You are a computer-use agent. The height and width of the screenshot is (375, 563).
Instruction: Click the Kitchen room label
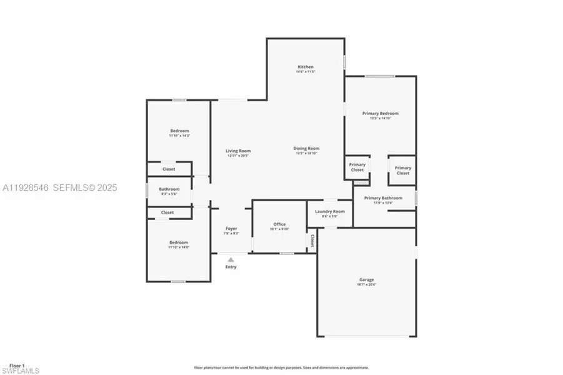pos(306,67)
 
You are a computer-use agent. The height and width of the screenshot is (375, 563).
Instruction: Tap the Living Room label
pos(238,151)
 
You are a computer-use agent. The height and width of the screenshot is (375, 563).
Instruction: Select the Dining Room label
pos(307,149)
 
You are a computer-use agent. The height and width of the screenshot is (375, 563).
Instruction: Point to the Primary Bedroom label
pos(381,114)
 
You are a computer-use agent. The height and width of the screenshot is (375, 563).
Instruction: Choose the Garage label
pos(367,280)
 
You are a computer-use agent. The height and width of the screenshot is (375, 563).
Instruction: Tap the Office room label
pos(279,224)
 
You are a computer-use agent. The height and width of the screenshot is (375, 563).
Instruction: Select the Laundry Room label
pos(329,211)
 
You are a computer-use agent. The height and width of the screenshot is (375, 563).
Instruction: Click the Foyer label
pos(231,229)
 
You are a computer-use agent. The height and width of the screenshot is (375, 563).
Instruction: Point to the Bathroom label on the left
pos(169,189)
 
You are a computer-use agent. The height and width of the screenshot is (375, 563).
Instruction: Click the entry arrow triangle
pos(231,259)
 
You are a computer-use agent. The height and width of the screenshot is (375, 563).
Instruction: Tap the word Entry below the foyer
pos(231,267)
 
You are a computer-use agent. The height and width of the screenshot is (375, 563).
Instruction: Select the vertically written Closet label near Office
pos(312,241)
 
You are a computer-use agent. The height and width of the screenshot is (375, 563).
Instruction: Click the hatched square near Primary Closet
pos(359,182)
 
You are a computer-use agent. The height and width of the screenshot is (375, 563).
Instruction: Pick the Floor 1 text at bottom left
pos(15,365)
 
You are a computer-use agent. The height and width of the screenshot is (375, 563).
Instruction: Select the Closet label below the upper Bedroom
pos(169,169)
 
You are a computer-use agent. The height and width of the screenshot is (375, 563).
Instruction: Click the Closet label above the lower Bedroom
pos(167,212)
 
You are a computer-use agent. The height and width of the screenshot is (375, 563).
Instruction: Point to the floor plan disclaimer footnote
pos(281,367)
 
